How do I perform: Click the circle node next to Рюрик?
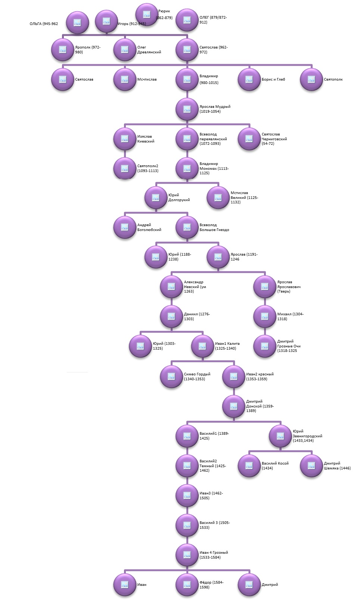click(147, 15)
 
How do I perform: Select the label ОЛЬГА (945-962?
click(44, 24)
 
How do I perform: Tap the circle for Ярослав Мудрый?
click(187, 109)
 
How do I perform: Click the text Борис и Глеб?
click(273, 79)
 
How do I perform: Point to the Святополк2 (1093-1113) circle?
click(125, 168)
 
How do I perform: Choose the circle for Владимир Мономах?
click(187, 168)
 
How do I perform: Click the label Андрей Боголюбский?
click(149, 227)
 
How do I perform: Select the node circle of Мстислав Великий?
click(218, 198)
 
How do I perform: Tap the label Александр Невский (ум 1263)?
click(195, 287)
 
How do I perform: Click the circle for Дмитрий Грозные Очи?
click(265, 346)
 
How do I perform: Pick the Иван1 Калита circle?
click(202, 346)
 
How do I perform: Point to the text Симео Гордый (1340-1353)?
click(197, 377)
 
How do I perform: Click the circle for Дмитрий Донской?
click(234, 406)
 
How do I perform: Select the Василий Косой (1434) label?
click(275, 466)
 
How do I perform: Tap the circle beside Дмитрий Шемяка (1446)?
click(311, 466)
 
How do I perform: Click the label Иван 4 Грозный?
click(214, 552)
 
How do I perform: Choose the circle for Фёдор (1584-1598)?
click(187, 584)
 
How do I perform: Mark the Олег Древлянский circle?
click(125, 50)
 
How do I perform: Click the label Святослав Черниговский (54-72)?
click(274, 139)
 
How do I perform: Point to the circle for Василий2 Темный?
click(187, 466)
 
